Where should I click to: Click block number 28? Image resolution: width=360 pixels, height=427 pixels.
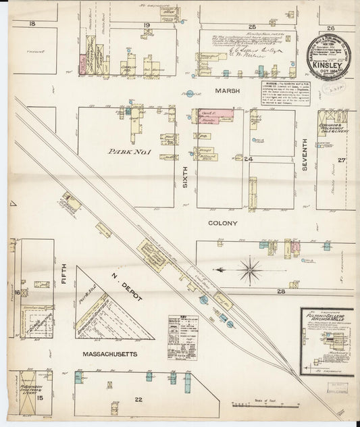pos(280,291)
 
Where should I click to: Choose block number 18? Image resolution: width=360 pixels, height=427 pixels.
pos(32,24)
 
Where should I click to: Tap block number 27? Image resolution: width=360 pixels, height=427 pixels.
pos(342,160)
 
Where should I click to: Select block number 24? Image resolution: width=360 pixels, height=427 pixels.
pos(248,159)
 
